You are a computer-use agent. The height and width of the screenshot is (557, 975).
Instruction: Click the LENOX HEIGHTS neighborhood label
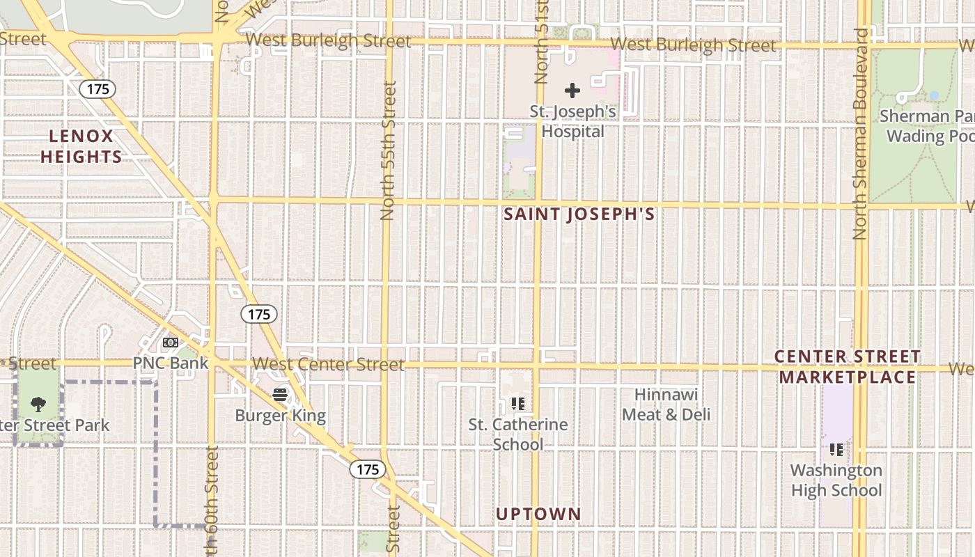[x=81, y=146]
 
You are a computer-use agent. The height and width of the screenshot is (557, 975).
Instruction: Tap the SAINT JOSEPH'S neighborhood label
[x=579, y=214]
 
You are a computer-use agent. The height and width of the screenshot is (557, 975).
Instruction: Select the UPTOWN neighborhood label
[x=538, y=515]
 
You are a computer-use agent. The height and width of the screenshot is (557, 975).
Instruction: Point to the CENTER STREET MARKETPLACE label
[x=848, y=367]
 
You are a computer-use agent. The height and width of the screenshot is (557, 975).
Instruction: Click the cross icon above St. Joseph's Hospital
[x=572, y=91]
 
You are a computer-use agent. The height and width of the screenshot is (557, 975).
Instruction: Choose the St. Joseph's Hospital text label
[x=573, y=121]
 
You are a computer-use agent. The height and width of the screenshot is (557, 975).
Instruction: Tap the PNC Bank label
[x=171, y=363]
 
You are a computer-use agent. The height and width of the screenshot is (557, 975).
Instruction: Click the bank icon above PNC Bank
[x=171, y=343]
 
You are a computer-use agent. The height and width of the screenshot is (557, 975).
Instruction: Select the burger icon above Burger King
[x=280, y=395]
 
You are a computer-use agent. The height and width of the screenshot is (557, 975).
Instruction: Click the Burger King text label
[x=280, y=416]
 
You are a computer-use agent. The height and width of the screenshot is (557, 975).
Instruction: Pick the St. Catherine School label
[x=518, y=434]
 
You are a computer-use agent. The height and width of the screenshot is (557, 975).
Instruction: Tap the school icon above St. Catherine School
[x=517, y=403]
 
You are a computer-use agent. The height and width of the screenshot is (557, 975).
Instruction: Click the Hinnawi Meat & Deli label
[x=666, y=405]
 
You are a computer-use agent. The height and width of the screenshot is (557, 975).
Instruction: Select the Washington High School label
[x=836, y=480]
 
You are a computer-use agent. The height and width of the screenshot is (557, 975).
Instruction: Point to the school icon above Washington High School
[x=836, y=450]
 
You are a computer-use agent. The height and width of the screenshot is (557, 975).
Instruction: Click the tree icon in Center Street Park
[x=39, y=404]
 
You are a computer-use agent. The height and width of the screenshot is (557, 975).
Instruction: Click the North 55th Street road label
[x=389, y=150]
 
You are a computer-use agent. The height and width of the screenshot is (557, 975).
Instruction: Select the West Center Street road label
[x=328, y=364]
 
